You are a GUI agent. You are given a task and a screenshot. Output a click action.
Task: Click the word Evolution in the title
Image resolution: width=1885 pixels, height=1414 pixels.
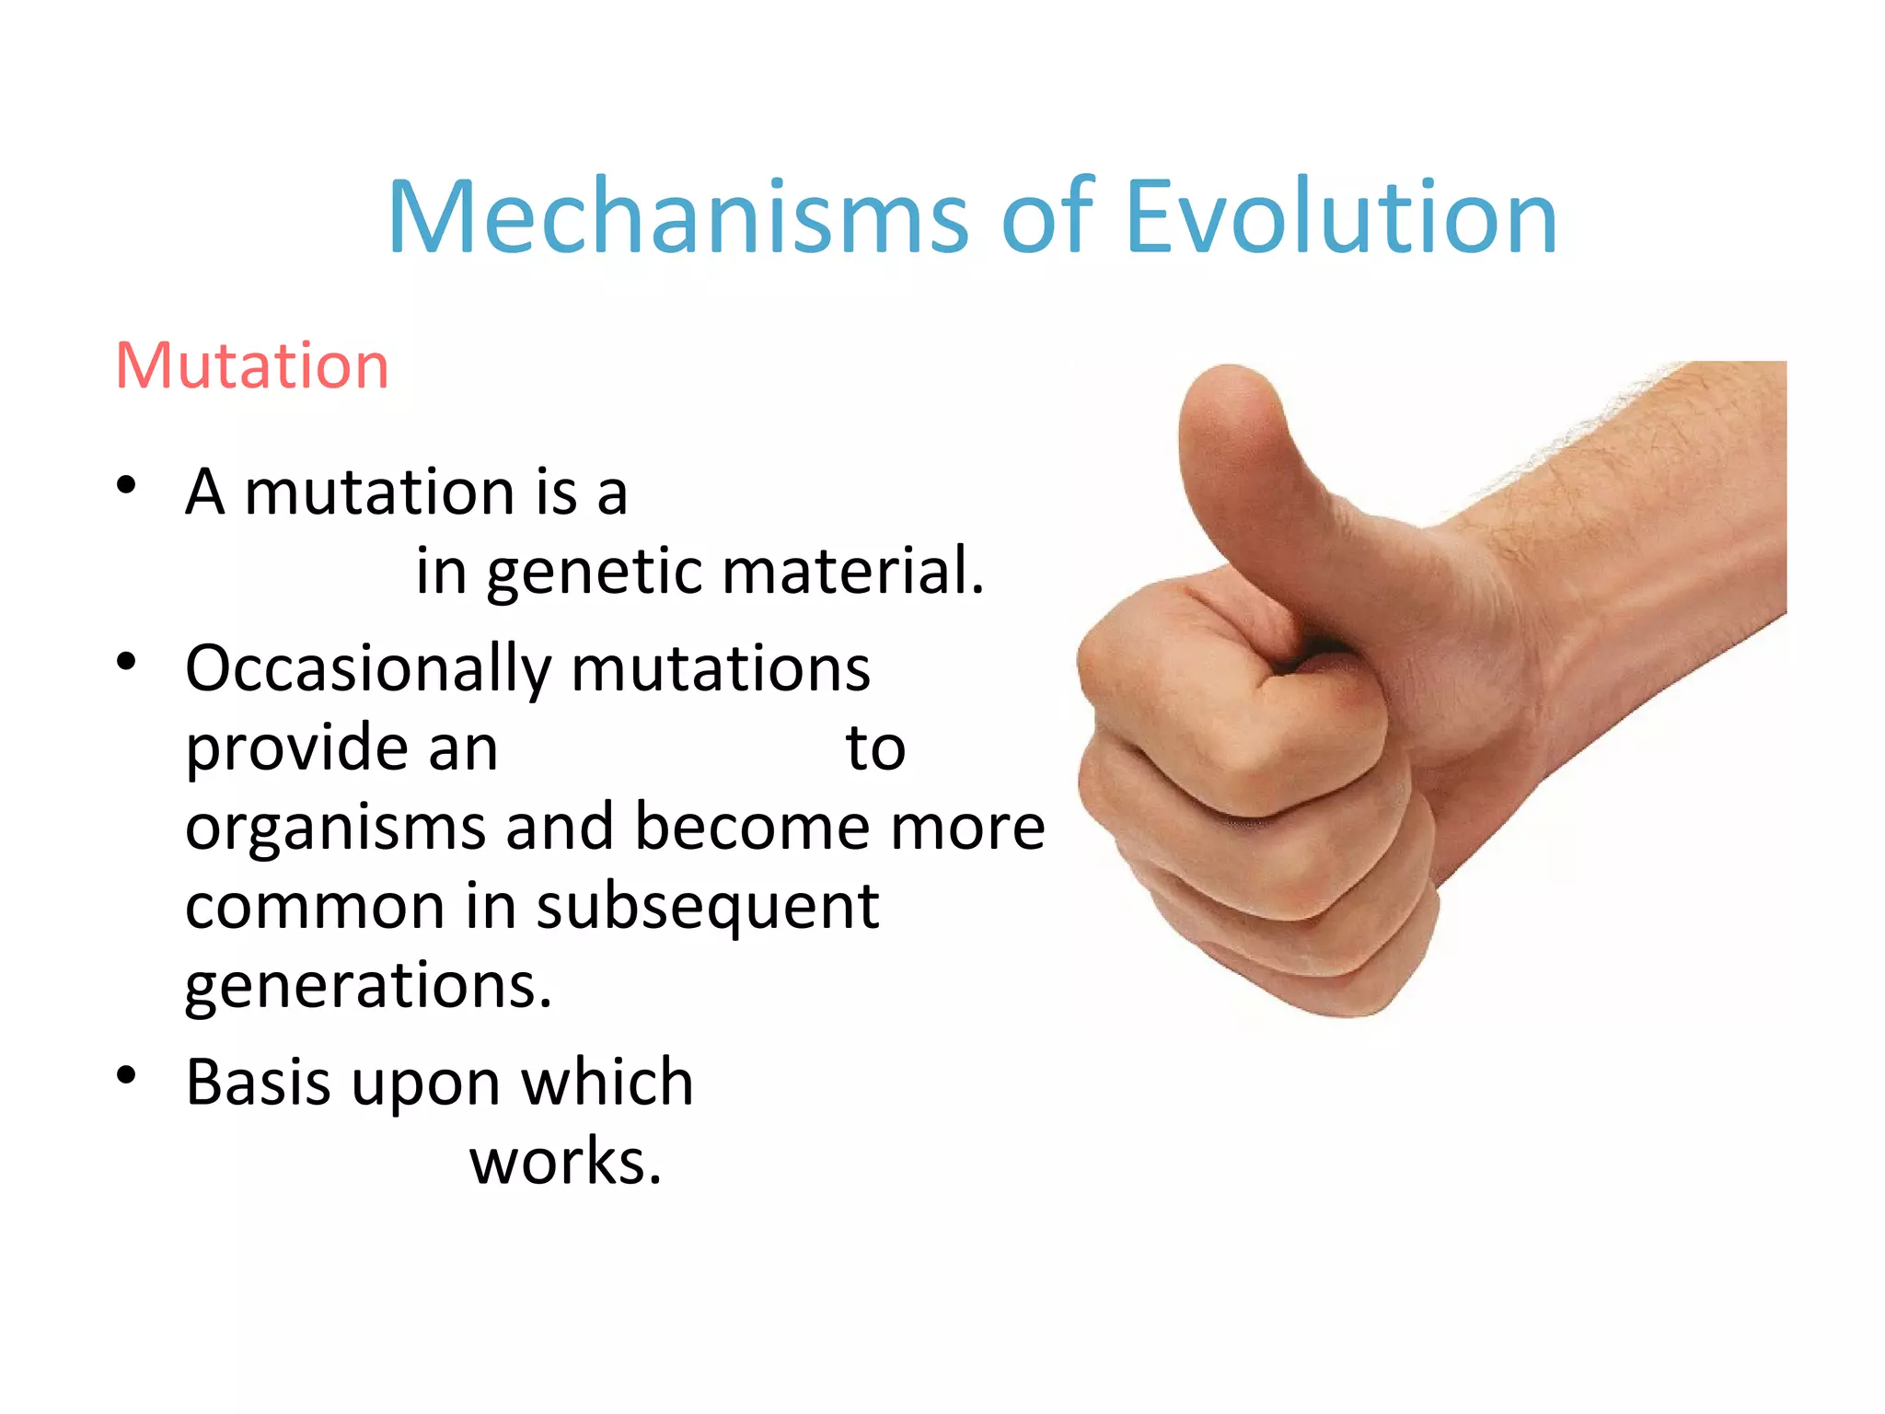click(x=1341, y=217)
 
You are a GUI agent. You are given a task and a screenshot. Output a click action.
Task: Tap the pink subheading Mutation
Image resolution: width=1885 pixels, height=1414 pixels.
click(x=252, y=365)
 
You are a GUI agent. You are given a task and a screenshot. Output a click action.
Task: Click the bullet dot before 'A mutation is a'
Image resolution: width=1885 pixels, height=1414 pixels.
click(x=127, y=485)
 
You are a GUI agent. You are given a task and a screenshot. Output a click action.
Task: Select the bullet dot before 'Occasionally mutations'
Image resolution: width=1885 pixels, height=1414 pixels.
click(x=127, y=661)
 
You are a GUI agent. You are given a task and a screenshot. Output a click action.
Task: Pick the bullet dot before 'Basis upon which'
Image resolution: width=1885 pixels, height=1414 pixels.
click(x=127, y=1074)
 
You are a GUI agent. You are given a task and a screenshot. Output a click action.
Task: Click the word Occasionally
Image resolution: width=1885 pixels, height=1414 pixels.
click(x=367, y=669)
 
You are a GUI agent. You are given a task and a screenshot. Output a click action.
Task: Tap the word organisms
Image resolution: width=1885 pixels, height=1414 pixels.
click(x=335, y=828)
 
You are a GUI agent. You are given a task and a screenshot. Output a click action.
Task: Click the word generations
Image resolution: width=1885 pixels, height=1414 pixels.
click(x=368, y=987)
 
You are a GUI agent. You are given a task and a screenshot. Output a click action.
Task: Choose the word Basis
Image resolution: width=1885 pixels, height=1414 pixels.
click(x=258, y=1082)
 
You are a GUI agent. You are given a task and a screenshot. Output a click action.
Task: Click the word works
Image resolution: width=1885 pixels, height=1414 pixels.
click(x=565, y=1162)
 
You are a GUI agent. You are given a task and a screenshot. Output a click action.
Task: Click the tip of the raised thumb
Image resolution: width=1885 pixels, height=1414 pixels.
click(x=1229, y=387)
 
